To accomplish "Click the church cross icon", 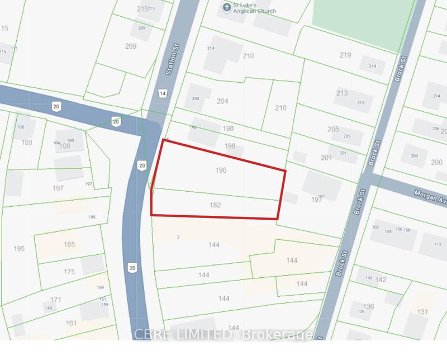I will pos(226,7).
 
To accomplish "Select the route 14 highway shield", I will pos(162,93).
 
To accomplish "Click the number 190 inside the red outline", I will pos(221,170).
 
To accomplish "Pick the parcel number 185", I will pos(69,244).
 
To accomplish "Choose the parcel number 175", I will pos(69,272).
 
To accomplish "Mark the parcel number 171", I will pos(56,300).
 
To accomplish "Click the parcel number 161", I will pos(71,323).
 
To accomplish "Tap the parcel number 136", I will pos(368,306).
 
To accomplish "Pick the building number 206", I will pos(435,129).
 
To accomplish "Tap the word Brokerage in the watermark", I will pos(279,335).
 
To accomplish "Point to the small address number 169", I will pos(101,288).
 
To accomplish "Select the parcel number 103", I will pos(26,143).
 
